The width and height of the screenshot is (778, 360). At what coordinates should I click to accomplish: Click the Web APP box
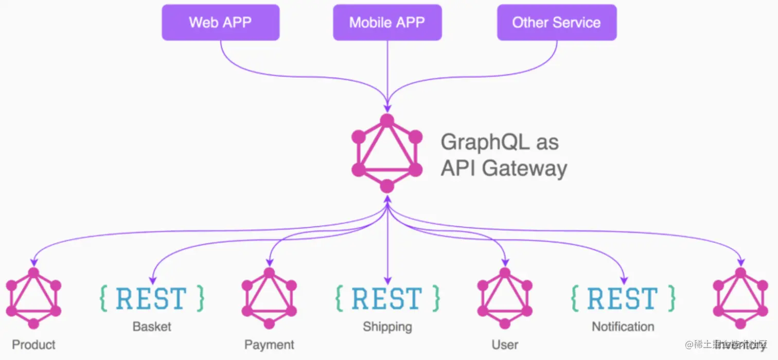[x=220, y=23]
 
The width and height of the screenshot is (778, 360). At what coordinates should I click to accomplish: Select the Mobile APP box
[x=387, y=23]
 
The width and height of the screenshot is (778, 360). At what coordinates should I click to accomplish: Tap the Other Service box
[x=556, y=23]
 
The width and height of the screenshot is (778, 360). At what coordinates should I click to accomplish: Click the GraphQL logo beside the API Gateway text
[x=387, y=153]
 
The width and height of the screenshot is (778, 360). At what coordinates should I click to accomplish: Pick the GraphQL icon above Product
[x=33, y=298]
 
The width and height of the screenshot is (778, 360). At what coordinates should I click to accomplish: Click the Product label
[x=33, y=345]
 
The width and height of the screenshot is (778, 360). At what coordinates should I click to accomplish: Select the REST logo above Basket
[x=152, y=298]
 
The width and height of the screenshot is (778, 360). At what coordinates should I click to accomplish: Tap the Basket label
[x=152, y=327]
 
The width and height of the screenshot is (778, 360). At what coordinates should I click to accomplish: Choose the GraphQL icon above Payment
[x=269, y=298]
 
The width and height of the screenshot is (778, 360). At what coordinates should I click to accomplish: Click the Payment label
[x=269, y=345]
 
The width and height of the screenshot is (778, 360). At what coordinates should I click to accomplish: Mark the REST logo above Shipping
[x=387, y=298]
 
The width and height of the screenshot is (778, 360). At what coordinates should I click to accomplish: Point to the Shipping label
[x=387, y=327]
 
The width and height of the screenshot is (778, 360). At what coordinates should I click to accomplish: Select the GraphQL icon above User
[x=505, y=298]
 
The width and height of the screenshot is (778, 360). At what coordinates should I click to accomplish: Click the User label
[x=505, y=345]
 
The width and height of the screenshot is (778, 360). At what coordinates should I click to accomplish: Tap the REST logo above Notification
[x=623, y=298]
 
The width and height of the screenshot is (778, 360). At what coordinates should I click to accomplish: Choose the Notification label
[x=623, y=327]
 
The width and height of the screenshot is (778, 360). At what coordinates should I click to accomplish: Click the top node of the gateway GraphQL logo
[x=387, y=120]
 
